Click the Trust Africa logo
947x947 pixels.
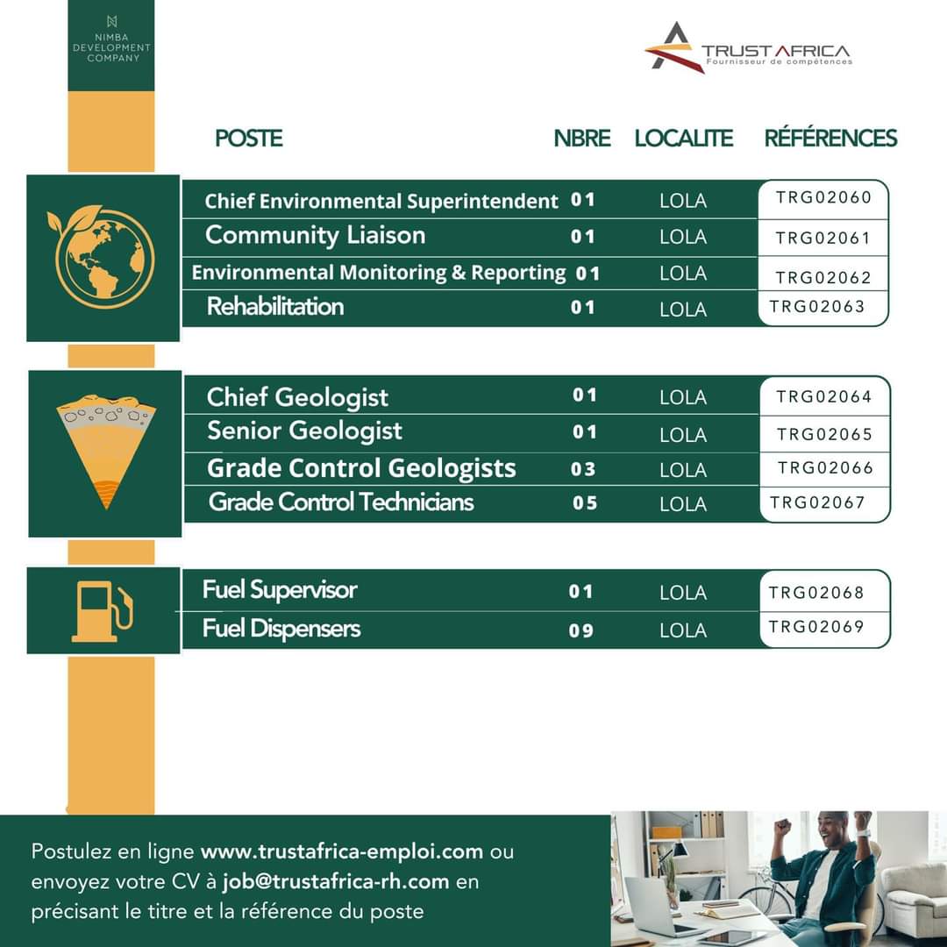(747, 49)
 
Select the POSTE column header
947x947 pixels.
(249, 139)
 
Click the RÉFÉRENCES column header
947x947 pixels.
(830, 139)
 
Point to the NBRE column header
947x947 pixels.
(581, 139)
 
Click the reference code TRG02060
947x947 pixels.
(823, 198)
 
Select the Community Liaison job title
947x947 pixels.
(315, 236)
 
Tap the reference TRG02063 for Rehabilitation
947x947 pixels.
(817, 307)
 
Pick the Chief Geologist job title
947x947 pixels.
(297, 397)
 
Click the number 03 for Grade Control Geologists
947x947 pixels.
(583, 469)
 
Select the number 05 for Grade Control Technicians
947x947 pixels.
(585, 503)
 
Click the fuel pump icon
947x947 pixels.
(103, 611)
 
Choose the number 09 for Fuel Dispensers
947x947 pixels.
(581, 630)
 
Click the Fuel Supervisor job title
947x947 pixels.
(280, 590)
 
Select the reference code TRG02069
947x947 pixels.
(816, 627)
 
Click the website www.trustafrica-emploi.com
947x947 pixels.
(342, 851)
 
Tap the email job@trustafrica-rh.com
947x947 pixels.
(336, 881)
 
